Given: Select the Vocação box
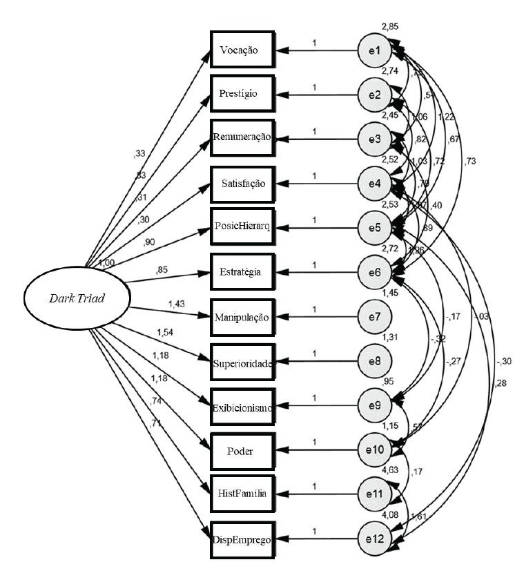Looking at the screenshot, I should coord(243,50).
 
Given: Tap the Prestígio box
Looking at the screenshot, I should coord(243,94).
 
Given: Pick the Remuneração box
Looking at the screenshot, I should coord(243,139).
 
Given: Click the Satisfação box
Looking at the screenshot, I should coord(243,183).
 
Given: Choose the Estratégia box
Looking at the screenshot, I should coord(243,272).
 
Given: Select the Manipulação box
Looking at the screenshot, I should coord(243,317).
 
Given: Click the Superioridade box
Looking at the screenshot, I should coord(243,361).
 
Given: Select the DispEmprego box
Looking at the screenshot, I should coord(243,539).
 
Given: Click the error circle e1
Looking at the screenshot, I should coord(375,50).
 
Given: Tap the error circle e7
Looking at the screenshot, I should coord(375,317).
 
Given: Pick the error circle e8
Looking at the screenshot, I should coord(375,361).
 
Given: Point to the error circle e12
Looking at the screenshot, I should coord(375,539).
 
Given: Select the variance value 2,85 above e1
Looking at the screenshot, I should coord(391,26).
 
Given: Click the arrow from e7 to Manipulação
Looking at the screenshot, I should coord(317,317).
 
